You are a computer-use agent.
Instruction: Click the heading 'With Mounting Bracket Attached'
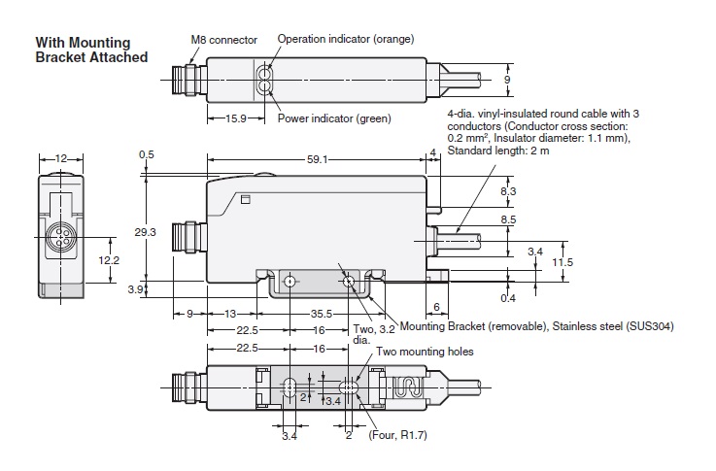coord(91,50)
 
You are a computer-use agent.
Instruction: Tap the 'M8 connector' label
coord(223,40)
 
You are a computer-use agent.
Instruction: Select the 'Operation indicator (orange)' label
coord(346,39)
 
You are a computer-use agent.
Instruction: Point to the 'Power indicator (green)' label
coord(334,118)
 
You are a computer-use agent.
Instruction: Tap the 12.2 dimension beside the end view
coord(109,260)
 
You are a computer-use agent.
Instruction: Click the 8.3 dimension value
coord(508,193)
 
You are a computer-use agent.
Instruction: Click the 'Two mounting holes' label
coord(426,351)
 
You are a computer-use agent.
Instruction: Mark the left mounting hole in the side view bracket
coord(289,283)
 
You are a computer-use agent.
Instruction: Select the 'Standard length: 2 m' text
coord(496,151)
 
